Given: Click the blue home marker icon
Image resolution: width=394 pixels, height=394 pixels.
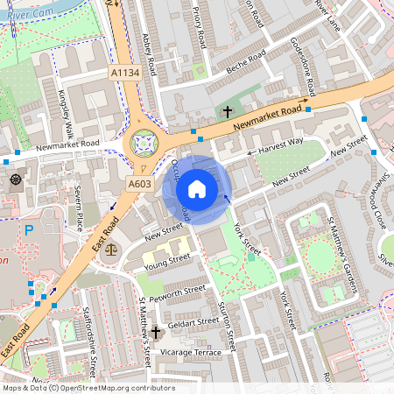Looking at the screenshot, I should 197,189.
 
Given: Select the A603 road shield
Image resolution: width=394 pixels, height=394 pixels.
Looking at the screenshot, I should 140,184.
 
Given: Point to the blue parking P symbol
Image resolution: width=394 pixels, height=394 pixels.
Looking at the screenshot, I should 29,231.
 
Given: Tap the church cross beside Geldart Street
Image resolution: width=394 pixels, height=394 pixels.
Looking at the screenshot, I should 156,332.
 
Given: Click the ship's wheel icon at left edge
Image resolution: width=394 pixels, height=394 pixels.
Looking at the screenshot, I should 17,180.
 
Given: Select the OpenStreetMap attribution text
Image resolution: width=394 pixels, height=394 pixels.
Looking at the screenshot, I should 88,388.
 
